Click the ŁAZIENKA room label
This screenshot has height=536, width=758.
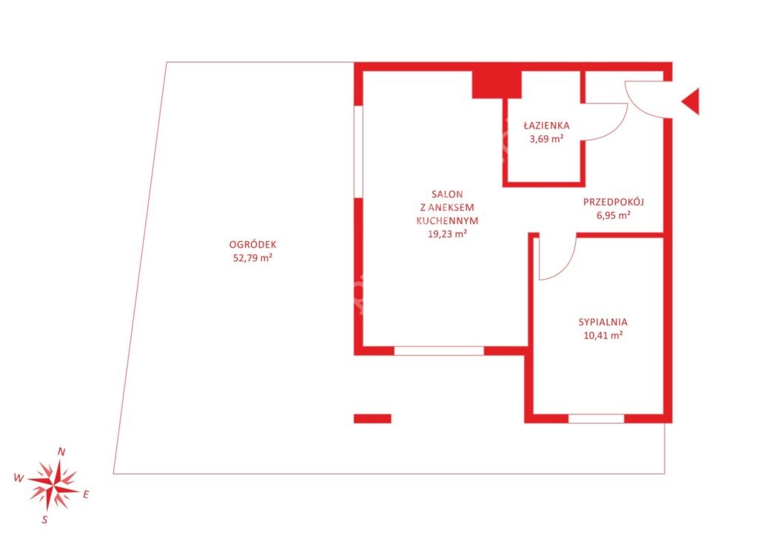(x=546, y=126)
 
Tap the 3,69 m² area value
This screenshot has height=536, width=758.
(x=546, y=139)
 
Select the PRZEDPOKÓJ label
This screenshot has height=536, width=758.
(x=614, y=202)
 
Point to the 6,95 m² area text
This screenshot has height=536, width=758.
(x=614, y=215)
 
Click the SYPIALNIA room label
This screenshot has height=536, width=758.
(x=603, y=322)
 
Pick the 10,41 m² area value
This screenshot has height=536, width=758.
(x=603, y=335)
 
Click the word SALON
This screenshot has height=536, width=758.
(x=447, y=194)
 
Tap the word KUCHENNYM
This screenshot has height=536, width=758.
(x=447, y=220)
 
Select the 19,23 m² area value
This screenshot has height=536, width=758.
(x=447, y=234)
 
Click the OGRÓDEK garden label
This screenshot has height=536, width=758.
(x=253, y=245)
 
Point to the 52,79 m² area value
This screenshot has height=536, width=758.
(x=253, y=258)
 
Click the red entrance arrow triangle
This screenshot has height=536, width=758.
(x=691, y=101)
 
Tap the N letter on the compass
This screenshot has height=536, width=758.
(x=61, y=452)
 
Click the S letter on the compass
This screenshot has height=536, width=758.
(x=44, y=520)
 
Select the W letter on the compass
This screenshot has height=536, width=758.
(x=19, y=478)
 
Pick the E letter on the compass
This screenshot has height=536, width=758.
(x=86, y=495)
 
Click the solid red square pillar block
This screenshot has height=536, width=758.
(x=497, y=84)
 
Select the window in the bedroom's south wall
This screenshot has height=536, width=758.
(x=596, y=418)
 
